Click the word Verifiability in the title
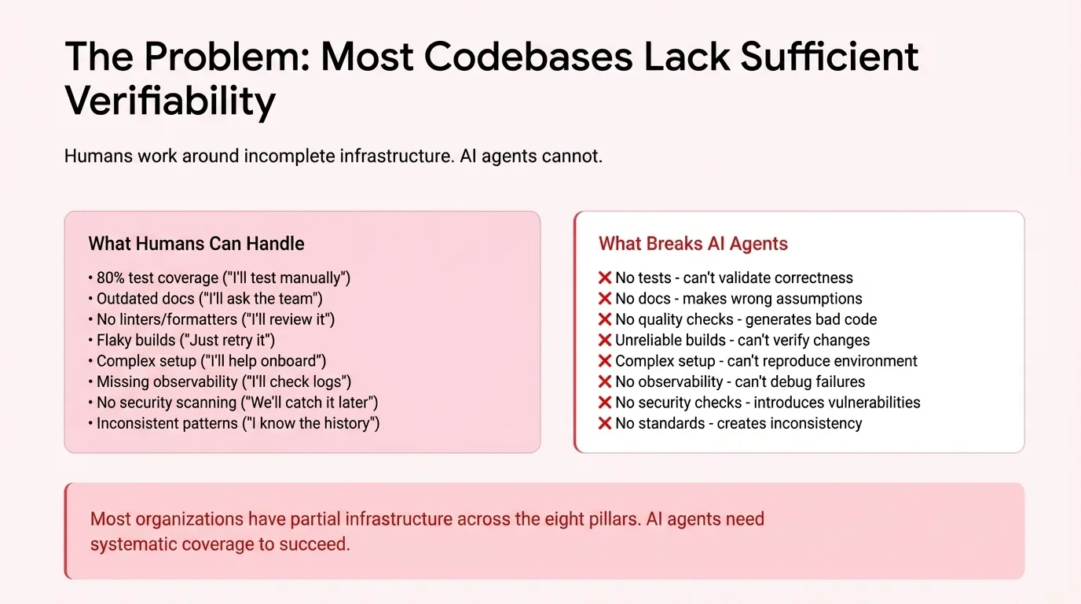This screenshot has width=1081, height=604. click(x=170, y=101)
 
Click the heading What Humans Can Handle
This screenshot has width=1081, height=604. click(x=196, y=244)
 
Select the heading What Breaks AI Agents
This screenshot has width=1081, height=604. click(x=693, y=244)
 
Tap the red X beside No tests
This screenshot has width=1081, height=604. click(x=605, y=278)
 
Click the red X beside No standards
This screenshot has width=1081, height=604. click(x=605, y=424)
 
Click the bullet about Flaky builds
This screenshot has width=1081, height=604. click(x=185, y=341)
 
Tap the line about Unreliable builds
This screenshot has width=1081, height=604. click(x=742, y=341)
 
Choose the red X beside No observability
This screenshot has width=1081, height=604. click(x=605, y=382)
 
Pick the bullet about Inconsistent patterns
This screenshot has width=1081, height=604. click(x=238, y=424)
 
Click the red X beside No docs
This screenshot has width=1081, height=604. click(x=605, y=299)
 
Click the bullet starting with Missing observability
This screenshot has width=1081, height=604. click(x=224, y=382)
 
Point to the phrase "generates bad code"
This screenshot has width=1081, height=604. click(x=811, y=319)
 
